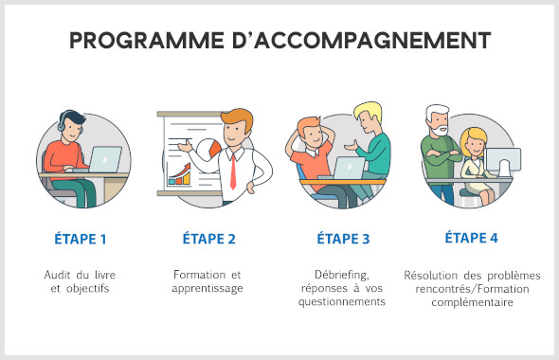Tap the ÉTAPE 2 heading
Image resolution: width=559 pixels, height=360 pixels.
click(x=208, y=239)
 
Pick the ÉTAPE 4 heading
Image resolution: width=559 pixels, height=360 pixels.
click(x=471, y=238)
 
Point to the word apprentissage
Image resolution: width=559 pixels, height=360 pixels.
click(x=208, y=288)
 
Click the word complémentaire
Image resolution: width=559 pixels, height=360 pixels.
click(x=471, y=303)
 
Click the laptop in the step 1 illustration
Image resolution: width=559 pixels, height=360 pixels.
click(x=104, y=157)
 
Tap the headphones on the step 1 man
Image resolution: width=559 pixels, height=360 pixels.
click(x=63, y=123)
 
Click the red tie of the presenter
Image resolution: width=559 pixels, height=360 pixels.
click(x=232, y=171)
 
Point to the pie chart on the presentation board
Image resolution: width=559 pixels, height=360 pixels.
click(x=213, y=148)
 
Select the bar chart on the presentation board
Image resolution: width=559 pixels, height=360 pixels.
click(x=179, y=173)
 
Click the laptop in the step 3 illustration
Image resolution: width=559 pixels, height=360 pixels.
click(x=349, y=168)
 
